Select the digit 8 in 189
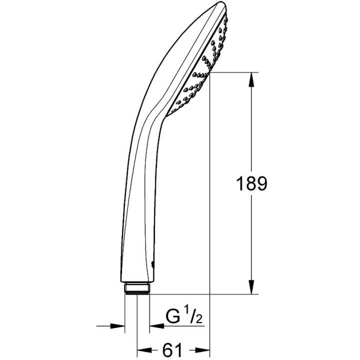[250, 184]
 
